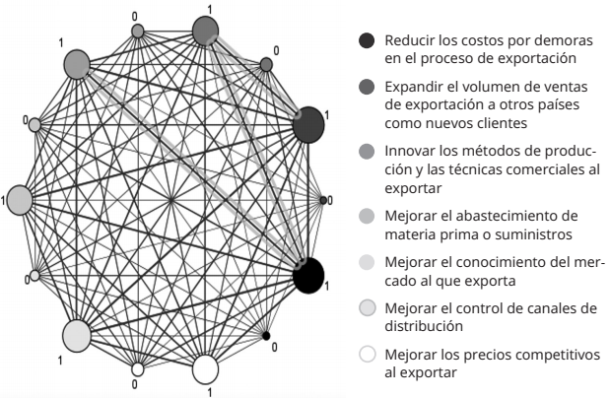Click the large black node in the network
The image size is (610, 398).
309,275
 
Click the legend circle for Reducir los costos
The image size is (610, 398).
367,40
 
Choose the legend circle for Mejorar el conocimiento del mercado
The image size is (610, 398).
367,262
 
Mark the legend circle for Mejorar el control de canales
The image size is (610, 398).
367,309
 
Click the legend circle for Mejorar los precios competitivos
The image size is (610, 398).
367,357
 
